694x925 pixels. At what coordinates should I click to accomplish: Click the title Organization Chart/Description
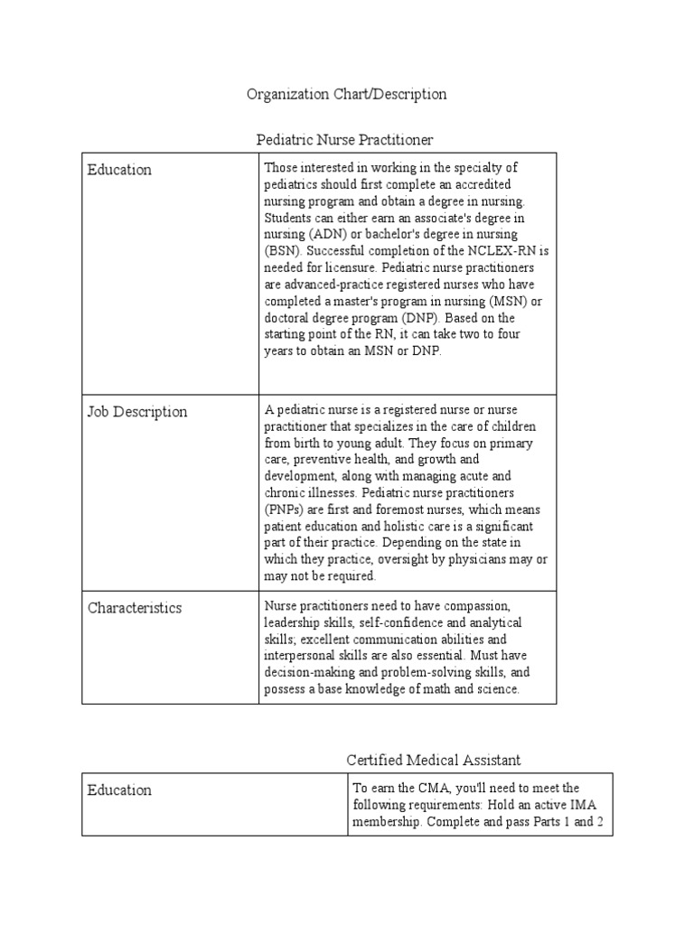click(347, 94)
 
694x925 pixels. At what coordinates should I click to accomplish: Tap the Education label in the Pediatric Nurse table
click(119, 170)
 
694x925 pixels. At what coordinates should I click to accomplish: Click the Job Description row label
click(137, 412)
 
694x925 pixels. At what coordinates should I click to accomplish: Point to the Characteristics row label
click(135, 608)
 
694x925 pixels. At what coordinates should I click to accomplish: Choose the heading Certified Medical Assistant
click(434, 761)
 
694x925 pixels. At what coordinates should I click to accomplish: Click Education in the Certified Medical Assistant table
click(119, 790)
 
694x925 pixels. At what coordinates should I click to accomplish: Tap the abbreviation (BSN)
click(278, 251)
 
